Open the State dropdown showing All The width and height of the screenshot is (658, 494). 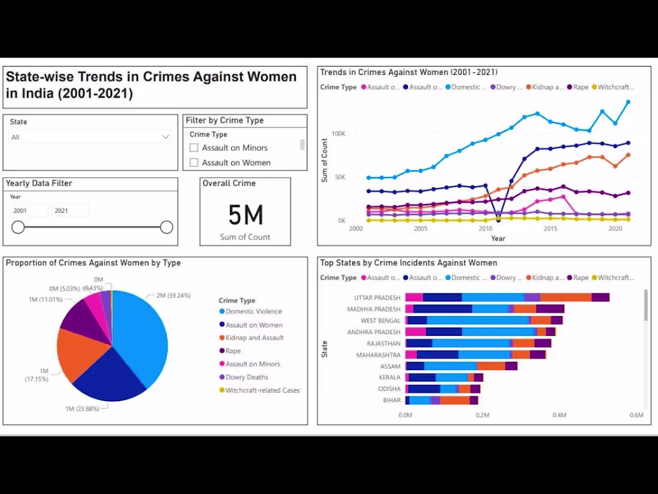pyautogui.click(x=90, y=137)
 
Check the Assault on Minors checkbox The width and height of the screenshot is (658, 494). pyautogui.click(x=194, y=148)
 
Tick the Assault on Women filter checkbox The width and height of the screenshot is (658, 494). pyautogui.click(x=194, y=163)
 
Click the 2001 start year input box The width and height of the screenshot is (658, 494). pyautogui.click(x=29, y=211)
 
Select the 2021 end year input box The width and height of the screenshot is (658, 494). pyautogui.click(x=71, y=211)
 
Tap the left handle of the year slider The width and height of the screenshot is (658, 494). pyautogui.click(x=19, y=227)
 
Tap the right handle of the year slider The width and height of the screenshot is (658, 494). pyautogui.click(x=167, y=227)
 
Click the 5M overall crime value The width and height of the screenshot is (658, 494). pyautogui.click(x=245, y=215)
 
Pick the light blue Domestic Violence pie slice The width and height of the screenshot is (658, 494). pyautogui.click(x=141, y=335)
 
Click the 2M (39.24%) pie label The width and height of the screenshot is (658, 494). pyautogui.click(x=173, y=296)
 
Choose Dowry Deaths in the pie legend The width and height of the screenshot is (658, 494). pyautogui.click(x=246, y=377)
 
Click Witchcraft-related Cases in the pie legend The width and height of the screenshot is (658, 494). pyautogui.click(x=262, y=390)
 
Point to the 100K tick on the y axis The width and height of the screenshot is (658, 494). pyautogui.click(x=339, y=134)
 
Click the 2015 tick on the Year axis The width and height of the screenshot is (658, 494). pyautogui.click(x=550, y=229)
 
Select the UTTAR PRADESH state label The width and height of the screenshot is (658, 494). pyautogui.click(x=377, y=298)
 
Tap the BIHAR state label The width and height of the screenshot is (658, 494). pyautogui.click(x=392, y=401)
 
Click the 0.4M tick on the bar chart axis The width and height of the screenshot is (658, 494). pyautogui.click(x=559, y=415)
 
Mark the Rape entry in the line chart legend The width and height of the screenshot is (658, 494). pyautogui.click(x=580, y=87)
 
